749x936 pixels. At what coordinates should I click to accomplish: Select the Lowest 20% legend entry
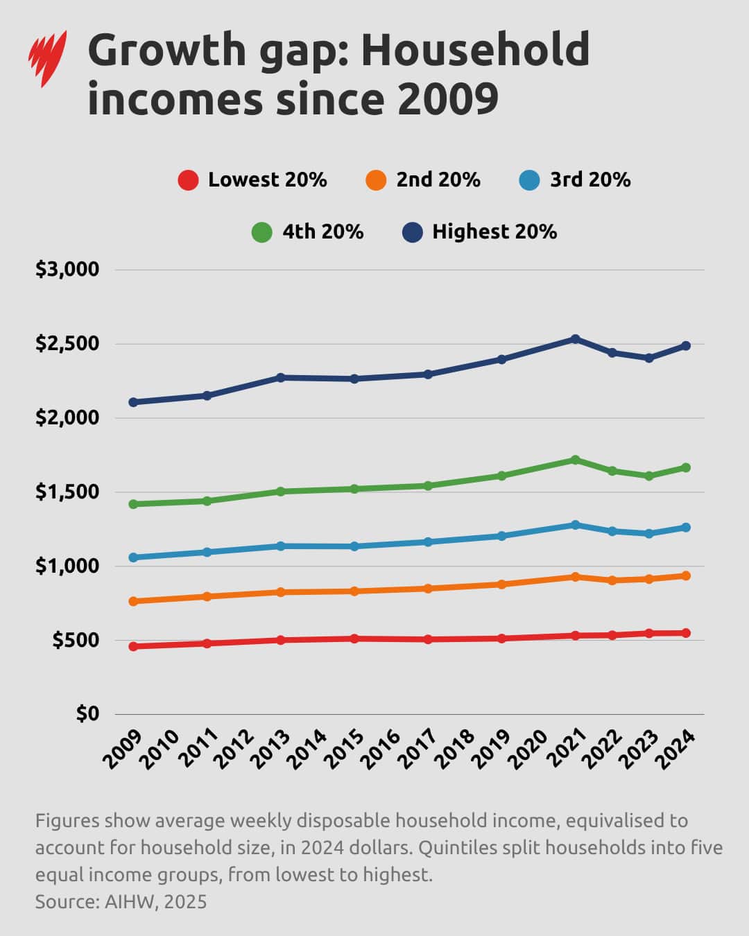pos(252,180)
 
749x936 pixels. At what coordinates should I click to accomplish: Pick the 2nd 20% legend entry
pos(423,180)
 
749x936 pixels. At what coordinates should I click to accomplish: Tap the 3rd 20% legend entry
pos(575,180)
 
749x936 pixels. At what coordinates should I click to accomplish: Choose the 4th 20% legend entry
pos(308,232)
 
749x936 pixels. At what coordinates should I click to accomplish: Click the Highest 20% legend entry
pos(480,232)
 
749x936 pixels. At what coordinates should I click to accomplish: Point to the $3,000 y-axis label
pos(67,269)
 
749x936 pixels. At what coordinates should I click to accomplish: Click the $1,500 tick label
pos(67,492)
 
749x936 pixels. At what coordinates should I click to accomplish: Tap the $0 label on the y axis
pos(87,713)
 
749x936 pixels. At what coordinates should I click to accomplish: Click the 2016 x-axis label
pos(382,749)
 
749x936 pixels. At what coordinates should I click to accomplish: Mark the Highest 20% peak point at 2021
pos(575,339)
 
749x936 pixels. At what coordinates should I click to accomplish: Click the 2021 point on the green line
pos(575,460)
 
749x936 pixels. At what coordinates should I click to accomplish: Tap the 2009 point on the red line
pos(133,646)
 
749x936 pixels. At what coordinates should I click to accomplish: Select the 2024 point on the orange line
pos(686,575)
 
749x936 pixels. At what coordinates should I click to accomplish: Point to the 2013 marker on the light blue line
pos(280,546)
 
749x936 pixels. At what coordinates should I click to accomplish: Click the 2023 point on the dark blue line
pos(649,358)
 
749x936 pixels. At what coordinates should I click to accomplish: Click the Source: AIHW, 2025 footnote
pos(121,901)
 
